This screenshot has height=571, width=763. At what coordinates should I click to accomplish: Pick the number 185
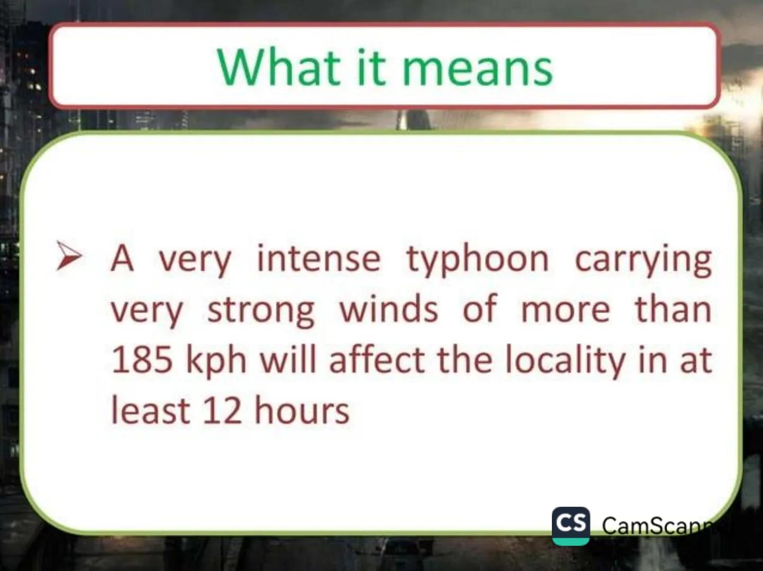142,360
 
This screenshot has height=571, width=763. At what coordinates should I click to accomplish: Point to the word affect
377,360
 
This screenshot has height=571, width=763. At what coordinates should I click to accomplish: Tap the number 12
222,411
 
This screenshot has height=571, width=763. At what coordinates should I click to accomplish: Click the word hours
302,411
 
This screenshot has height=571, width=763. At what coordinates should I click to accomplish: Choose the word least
150,411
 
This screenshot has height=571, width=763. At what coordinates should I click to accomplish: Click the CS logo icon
570,525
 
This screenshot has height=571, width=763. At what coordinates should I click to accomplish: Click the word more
565,310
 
